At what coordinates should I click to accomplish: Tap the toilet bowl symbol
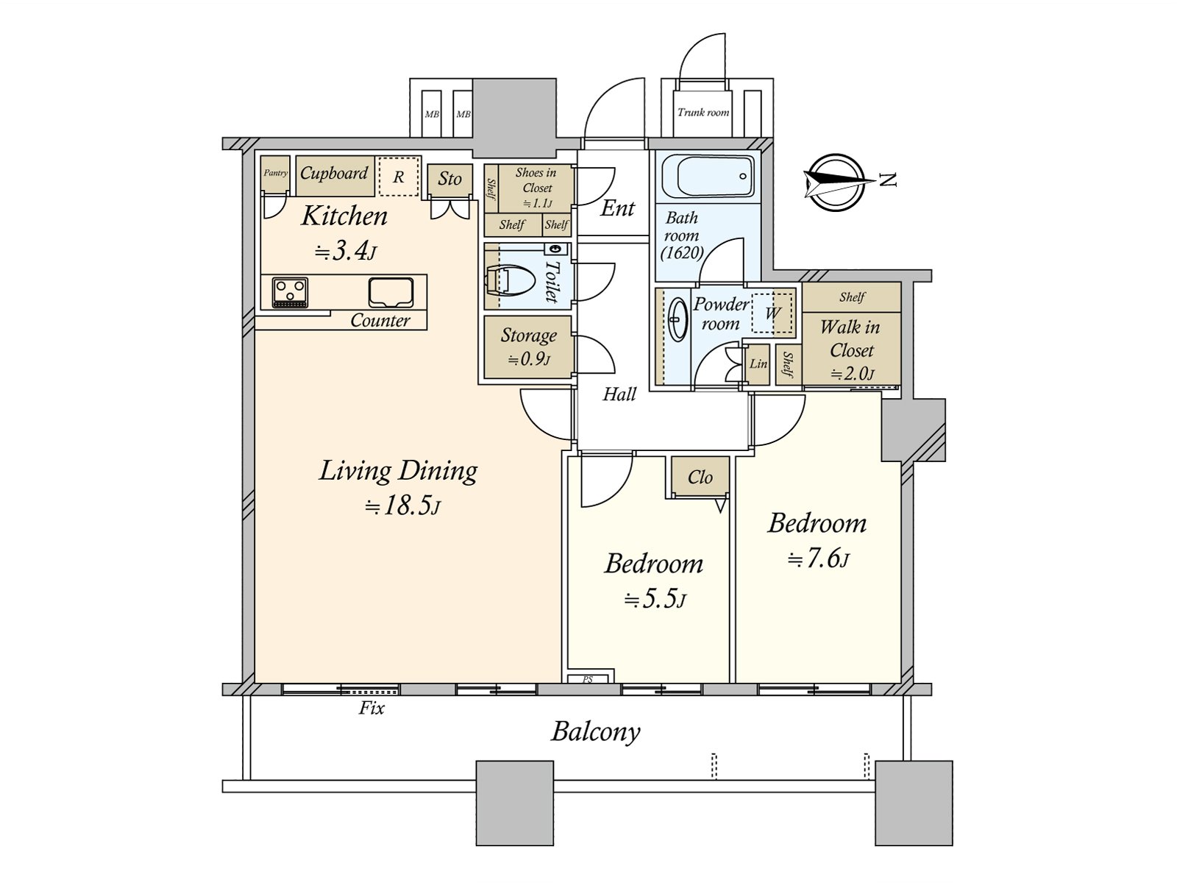(509, 280)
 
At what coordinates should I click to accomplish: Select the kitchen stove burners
(290, 293)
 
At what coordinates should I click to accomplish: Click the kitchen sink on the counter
(391, 293)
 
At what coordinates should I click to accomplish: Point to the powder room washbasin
(678, 319)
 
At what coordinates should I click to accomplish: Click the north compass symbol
(836, 182)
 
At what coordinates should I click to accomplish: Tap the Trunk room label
(703, 112)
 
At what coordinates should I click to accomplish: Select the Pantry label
(276, 173)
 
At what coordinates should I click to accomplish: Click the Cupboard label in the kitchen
(334, 173)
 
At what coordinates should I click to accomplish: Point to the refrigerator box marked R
(399, 177)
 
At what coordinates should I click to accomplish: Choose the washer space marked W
(772, 313)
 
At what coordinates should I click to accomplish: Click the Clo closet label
(700, 477)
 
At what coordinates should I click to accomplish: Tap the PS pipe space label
(588, 679)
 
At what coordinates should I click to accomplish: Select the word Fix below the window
(371, 708)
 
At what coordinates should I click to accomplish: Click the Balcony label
(596, 732)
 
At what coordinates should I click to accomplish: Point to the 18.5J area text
(402, 507)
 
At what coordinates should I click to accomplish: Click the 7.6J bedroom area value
(818, 560)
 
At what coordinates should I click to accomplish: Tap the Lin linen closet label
(758, 364)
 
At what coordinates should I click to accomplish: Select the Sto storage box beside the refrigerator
(449, 179)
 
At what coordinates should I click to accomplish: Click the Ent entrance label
(618, 208)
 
